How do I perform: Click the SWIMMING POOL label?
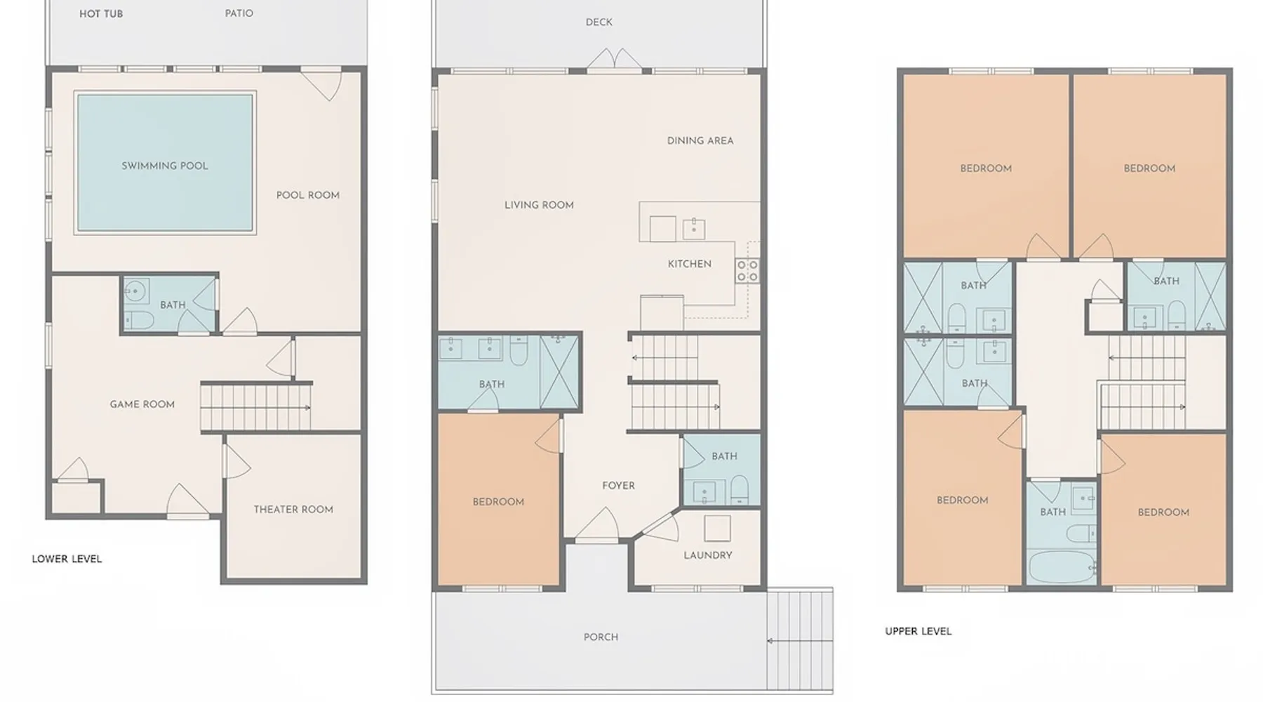tap(165, 166)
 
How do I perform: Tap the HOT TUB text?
tap(101, 14)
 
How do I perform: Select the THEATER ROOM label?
tap(293, 510)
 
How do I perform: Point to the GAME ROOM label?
tap(142, 404)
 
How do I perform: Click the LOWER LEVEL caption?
tap(67, 559)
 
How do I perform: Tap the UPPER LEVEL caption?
tap(918, 631)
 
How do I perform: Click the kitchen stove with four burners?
tap(747, 270)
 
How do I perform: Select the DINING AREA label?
tap(700, 140)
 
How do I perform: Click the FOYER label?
tap(618, 486)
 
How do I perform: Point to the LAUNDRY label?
tap(708, 555)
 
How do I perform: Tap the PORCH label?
tap(601, 637)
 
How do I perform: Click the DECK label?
tap(599, 22)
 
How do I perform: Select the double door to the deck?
tap(614, 60)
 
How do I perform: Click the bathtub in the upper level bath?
tap(1061, 567)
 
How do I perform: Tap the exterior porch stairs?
tap(800, 640)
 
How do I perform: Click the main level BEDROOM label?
tap(498, 502)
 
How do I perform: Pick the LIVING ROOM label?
tap(539, 205)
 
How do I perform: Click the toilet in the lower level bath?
tap(138, 321)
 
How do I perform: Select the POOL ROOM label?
tap(308, 195)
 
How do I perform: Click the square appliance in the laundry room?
tap(717, 529)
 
